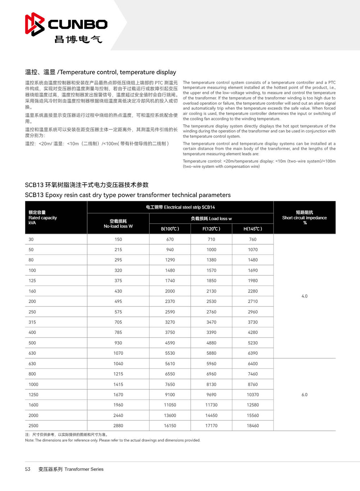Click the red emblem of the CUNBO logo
[35, 24]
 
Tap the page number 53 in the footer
[28, 469]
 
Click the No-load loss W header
[118, 224]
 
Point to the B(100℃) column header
[170, 229]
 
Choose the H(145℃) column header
[253, 229]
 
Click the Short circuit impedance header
[305, 218]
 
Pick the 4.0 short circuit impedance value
[305, 296]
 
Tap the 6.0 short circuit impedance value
[305, 394]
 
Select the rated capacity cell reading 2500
[33, 425]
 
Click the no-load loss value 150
[118, 239]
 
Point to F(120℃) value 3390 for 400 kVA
[211, 332]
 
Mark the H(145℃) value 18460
[253, 425]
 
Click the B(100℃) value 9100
[170, 394]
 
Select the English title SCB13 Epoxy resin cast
[128, 195]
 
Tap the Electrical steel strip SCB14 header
[180, 207]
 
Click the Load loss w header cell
[211, 219]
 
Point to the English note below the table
[113, 440]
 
